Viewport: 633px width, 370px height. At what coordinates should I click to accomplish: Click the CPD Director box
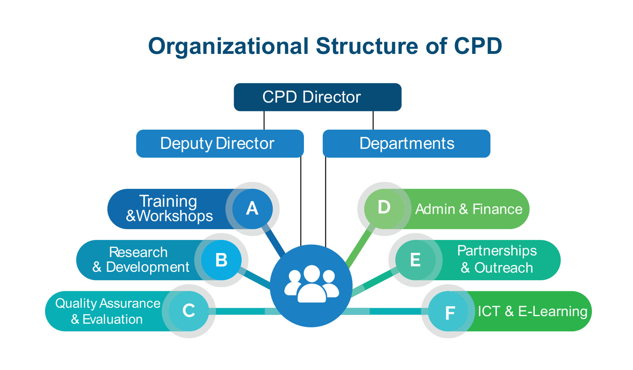(317, 97)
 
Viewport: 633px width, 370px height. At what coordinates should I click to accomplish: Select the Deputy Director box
(220, 144)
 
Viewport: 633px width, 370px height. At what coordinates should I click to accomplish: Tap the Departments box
(406, 144)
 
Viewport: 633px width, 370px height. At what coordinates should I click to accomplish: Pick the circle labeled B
(221, 260)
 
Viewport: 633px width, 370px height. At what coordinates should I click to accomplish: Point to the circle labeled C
(189, 311)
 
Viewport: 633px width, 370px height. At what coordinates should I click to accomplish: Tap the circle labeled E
(415, 260)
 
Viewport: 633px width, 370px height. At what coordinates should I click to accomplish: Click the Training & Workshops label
(169, 209)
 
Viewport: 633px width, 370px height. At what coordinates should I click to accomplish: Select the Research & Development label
(141, 260)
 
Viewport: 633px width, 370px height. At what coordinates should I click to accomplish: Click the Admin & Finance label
(469, 209)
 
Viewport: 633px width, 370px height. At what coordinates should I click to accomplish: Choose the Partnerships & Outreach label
(497, 259)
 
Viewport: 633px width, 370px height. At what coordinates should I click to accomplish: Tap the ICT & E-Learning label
(532, 311)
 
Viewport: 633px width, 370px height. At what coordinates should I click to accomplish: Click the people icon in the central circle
(312, 284)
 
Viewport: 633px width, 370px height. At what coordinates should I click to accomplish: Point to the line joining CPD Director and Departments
(373, 120)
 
